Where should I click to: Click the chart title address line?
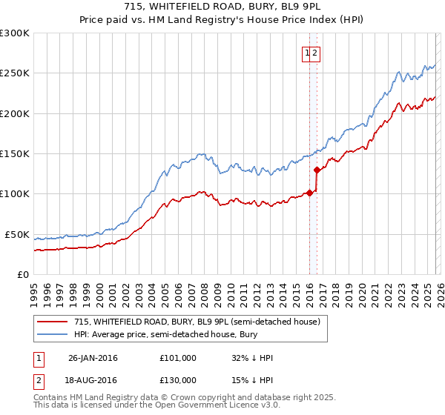tap(222, 6)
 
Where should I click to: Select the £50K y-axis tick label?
tap(17, 234)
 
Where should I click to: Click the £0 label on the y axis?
tap(24, 274)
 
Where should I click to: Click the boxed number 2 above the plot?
tap(315, 53)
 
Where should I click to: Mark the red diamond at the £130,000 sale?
tap(317, 170)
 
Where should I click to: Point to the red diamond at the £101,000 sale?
tap(309, 193)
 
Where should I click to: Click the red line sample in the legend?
tap(53, 322)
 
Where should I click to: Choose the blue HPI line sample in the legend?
tap(53, 334)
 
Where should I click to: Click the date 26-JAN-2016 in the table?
tap(93, 358)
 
